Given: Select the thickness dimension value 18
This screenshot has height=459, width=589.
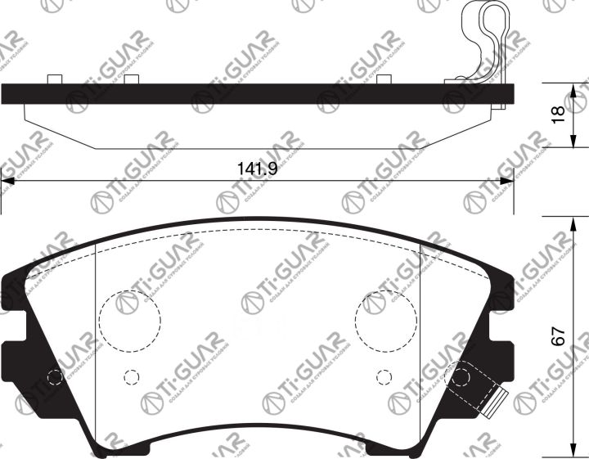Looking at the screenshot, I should (x=559, y=115).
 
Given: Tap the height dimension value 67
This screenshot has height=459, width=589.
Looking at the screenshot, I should (x=559, y=336).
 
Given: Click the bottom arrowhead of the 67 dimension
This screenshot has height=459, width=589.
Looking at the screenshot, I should (x=570, y=452).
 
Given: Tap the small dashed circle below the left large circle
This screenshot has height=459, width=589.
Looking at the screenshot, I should (x=129, y=376).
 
